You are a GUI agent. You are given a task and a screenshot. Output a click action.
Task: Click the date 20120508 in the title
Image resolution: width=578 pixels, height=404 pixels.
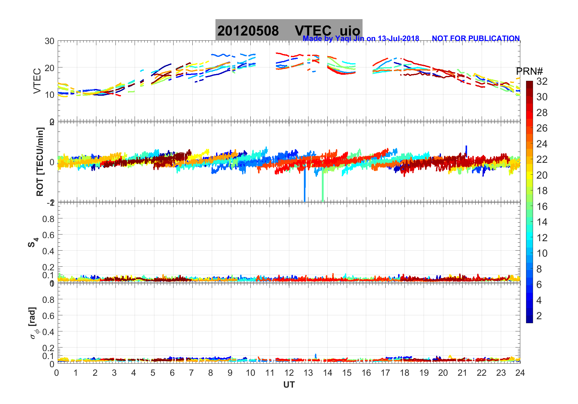point(248,31)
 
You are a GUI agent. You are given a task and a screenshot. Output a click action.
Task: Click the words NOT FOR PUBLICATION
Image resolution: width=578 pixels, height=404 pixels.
point(476,39)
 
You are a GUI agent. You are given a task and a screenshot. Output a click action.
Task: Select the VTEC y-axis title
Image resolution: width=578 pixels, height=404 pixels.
point(37,81)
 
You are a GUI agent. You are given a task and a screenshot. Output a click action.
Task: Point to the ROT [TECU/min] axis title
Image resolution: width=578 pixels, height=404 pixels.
point(40,162)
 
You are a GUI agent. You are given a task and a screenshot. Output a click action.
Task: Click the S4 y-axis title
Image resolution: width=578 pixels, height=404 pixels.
point(33,242)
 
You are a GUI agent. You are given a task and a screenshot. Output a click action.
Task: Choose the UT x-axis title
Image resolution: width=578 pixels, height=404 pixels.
point(289,385)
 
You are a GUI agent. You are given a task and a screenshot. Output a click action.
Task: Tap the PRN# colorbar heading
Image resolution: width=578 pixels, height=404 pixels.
point(529,72)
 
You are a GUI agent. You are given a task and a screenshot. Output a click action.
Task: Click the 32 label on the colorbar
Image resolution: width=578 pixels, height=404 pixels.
point(542,81)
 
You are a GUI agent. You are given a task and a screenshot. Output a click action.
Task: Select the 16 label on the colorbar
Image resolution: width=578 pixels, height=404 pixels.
point(542,207)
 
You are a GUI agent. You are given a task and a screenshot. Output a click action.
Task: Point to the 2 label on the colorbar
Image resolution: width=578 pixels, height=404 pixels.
point(539,316)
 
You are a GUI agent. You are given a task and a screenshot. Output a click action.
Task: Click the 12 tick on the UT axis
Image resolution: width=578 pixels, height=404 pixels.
point(289,373)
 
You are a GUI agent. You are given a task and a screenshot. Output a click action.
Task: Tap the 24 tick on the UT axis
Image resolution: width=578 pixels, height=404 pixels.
point(520,373)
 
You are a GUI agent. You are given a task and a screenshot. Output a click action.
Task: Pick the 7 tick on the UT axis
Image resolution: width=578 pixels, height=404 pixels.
point(191,373)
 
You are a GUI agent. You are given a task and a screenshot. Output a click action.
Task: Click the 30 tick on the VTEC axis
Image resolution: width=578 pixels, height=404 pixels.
point(50,41)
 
